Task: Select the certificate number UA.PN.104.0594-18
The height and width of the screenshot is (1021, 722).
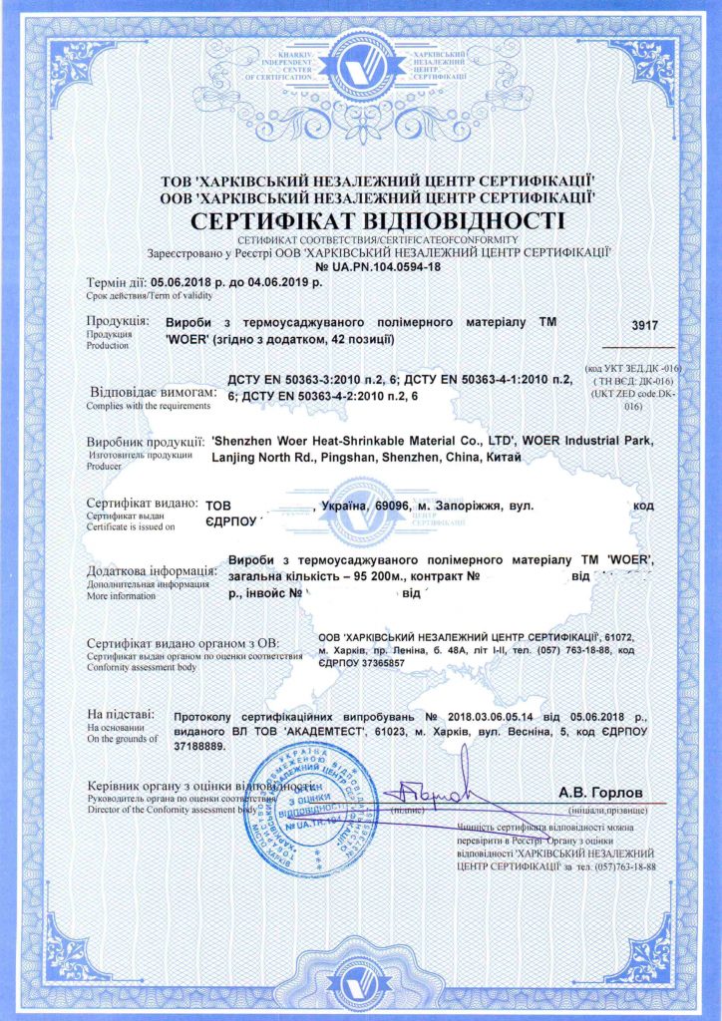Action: [377, 267]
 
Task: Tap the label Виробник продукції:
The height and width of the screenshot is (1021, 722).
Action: [147, 441]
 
